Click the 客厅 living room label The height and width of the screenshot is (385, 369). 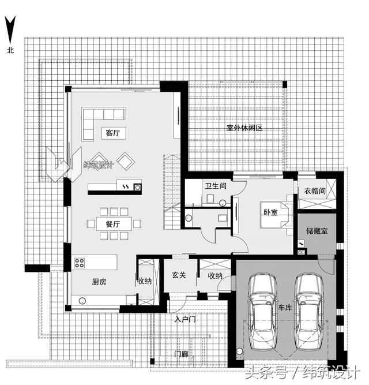112,133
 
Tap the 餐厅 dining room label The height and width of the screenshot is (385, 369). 112,224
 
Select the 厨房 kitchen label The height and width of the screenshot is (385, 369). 99,282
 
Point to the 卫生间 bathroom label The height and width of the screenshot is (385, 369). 216,186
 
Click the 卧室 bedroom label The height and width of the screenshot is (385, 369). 270,212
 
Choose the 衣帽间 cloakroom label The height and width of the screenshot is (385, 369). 315,191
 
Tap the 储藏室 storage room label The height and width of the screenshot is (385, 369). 317,231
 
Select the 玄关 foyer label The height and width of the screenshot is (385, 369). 179,276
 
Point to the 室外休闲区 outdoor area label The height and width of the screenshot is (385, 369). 244,128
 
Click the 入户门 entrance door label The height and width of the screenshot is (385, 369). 185,319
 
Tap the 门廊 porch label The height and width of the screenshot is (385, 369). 182,354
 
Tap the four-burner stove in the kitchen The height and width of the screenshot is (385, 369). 80,263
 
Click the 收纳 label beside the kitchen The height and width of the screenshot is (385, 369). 145,282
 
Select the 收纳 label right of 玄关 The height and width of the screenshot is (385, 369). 215,276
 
